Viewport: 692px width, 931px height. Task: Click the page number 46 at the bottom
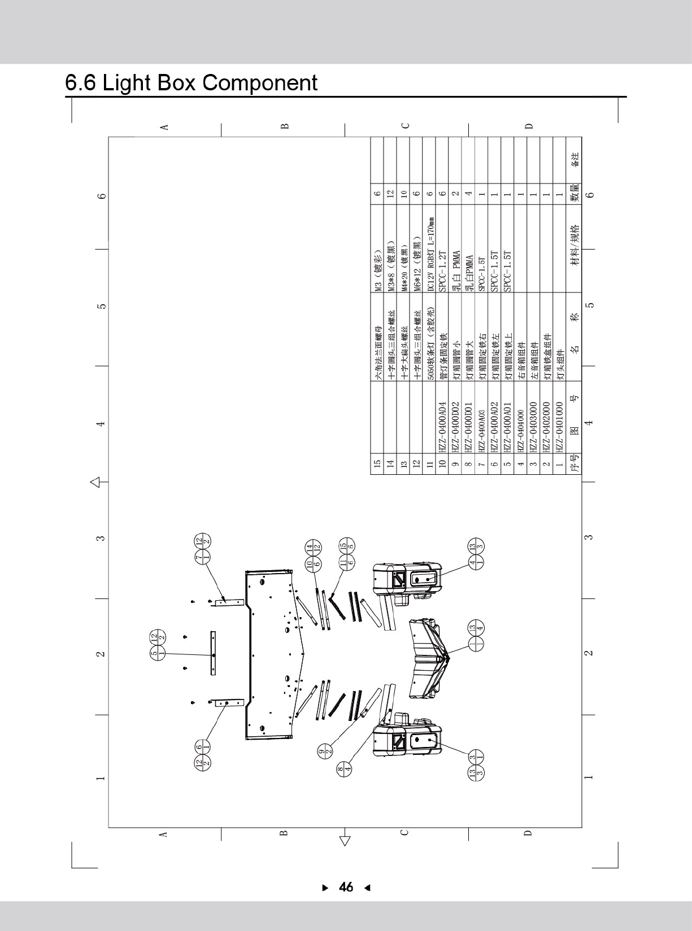tap(346, 887)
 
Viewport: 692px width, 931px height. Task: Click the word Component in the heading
tap(260, 83)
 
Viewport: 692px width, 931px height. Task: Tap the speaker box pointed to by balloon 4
tap(406, 579)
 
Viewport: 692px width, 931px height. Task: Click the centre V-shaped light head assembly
tap(426, 658)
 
